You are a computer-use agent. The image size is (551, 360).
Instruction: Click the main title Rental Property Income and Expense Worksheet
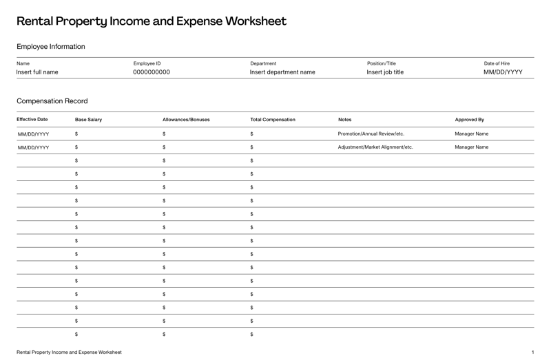[151, 21]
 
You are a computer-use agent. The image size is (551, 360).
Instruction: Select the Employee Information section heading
[51, 47]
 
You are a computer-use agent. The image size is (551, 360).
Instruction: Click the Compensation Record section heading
[52, 101]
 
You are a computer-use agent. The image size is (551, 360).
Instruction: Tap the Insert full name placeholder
[37, 72]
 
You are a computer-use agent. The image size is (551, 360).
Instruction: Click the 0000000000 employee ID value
[152, 72]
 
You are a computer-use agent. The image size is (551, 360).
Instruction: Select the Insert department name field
[282, 72]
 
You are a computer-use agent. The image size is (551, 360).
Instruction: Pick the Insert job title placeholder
[385, 72]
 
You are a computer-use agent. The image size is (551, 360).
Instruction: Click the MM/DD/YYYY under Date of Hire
[503, 72]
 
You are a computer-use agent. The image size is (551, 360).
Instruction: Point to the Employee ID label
[147, 63]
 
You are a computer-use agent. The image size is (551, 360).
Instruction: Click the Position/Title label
[382, 63]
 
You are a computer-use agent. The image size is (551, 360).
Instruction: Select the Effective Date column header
[32, 120]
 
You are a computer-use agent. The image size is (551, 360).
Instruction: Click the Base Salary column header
[88, 120]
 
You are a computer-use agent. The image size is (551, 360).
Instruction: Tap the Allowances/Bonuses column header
[186, 120]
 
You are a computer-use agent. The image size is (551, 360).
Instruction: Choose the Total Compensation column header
[273, 120]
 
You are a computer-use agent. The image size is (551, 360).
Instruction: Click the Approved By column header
[469, 120]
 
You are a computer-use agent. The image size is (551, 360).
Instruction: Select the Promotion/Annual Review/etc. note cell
[371, 134]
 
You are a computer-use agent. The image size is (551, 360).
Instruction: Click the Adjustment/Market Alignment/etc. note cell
[375, 147]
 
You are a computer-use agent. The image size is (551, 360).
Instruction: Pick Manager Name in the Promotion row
[472, 134]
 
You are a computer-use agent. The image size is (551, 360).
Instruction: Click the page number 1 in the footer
[532, 352]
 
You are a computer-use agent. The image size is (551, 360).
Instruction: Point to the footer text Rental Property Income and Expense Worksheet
[69, 352]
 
